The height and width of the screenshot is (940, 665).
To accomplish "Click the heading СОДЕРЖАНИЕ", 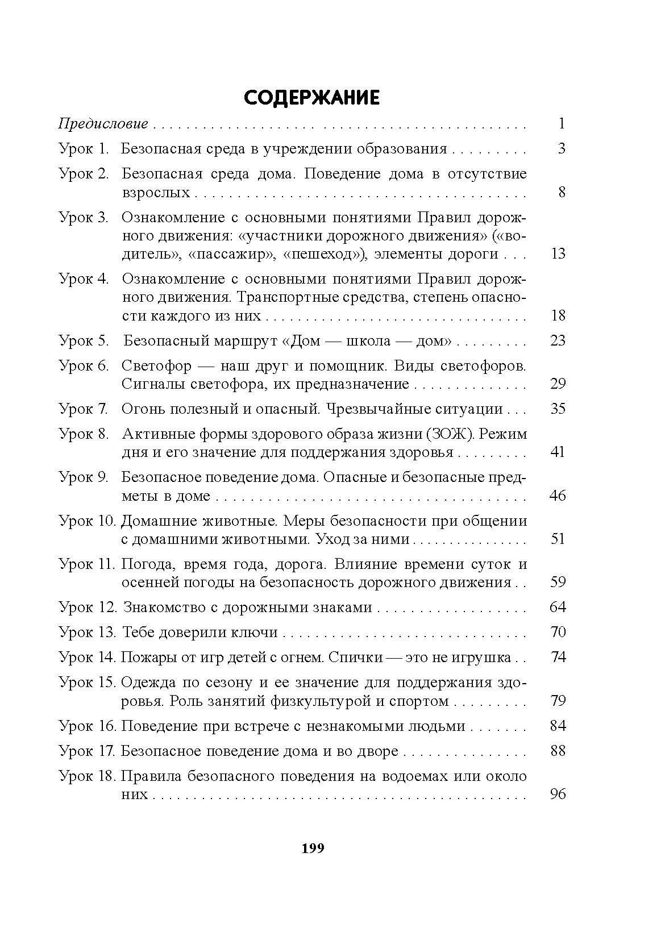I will [311, 98].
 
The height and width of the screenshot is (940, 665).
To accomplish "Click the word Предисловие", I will [103, 124].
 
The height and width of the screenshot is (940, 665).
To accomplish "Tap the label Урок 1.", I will [83, 149].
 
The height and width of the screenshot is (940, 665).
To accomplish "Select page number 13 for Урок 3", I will [558, 253].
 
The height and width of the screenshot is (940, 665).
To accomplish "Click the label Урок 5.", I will [83, 340].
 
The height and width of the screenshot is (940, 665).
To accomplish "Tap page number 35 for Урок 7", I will [558, 409].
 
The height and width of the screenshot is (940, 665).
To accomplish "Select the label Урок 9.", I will [83, 477].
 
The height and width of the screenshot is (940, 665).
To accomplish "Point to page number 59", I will [558, 582].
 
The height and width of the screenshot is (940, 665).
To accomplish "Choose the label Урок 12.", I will [86, 607].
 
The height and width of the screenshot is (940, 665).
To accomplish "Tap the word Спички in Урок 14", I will [354, 658].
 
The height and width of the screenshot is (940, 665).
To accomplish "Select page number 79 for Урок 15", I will [558, 701].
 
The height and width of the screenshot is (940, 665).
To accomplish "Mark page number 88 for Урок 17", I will [558, 751].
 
